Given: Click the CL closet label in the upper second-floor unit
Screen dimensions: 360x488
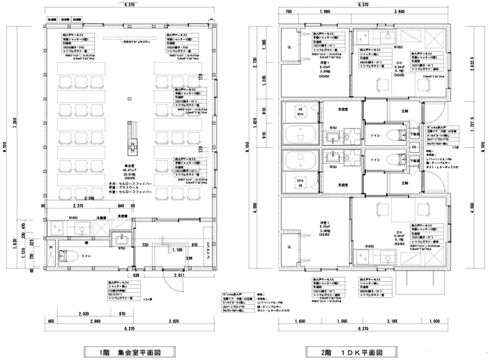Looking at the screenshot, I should click(x=290, y=48).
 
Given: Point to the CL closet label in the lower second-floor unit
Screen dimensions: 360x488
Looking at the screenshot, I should click(x=290, y=245).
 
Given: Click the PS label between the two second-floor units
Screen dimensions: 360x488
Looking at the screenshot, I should click(x=414, y=148).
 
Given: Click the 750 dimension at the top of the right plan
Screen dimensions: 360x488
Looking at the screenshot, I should click(x=286, y=12).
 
